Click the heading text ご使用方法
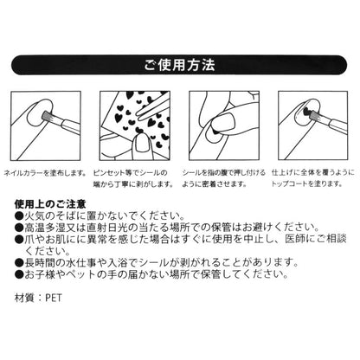click(x=179, y=65)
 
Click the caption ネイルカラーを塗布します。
click(x=45, y=173)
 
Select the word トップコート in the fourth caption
click(x=289, y=183)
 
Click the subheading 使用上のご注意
click(x=50, y=204)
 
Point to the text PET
click(x=54, y=298)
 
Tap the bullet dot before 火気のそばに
click(x=19, y=215)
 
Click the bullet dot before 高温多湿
click(x=19, y=228)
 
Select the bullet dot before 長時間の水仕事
click(x=19, y=263)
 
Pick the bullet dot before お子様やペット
click(x=19, y=274)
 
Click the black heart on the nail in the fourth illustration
click(x=306, y=112)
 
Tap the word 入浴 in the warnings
click(x=119, y=263)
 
